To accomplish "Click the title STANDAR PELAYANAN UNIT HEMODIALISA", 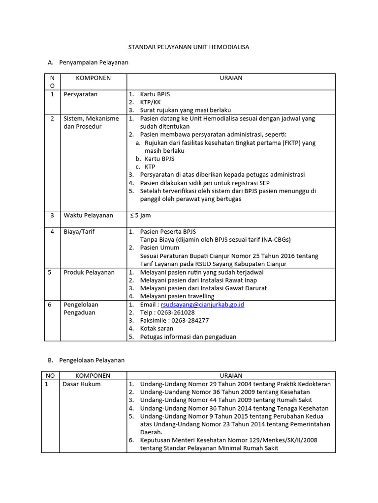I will pyautogui.click(x=189, y=47).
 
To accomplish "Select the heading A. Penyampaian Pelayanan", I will pyautogui.click(x=88, y=62).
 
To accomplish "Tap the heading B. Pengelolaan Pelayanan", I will pyautogui.click(x=86, y=360).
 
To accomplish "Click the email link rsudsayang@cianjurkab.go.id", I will pyautogui.click(x=202, y=305).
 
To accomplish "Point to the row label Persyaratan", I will pyautogui.click(x=81, y=94).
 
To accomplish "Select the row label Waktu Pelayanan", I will pyautogui.click(x=89, y=215).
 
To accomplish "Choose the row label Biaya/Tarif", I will pyautogui.click(x=79, y=231).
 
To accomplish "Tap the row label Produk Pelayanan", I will pyautogui.click(x=89, y=272).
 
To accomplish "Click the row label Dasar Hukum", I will pyautogui.click(x=81, y=384).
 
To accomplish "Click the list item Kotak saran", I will pyautogui.click(x=157, y=329).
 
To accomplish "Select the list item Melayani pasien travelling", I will pyautogui.click(x=177, y=296).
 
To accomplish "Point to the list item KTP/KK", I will pyautogui.click(x=151, y=102).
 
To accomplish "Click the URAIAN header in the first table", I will pyautogui.click(x=231, y=78).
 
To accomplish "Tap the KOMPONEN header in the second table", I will pyautogui.click(x=93, y=376).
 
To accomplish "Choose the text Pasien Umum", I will pyautogui.click(x=159, y=248).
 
